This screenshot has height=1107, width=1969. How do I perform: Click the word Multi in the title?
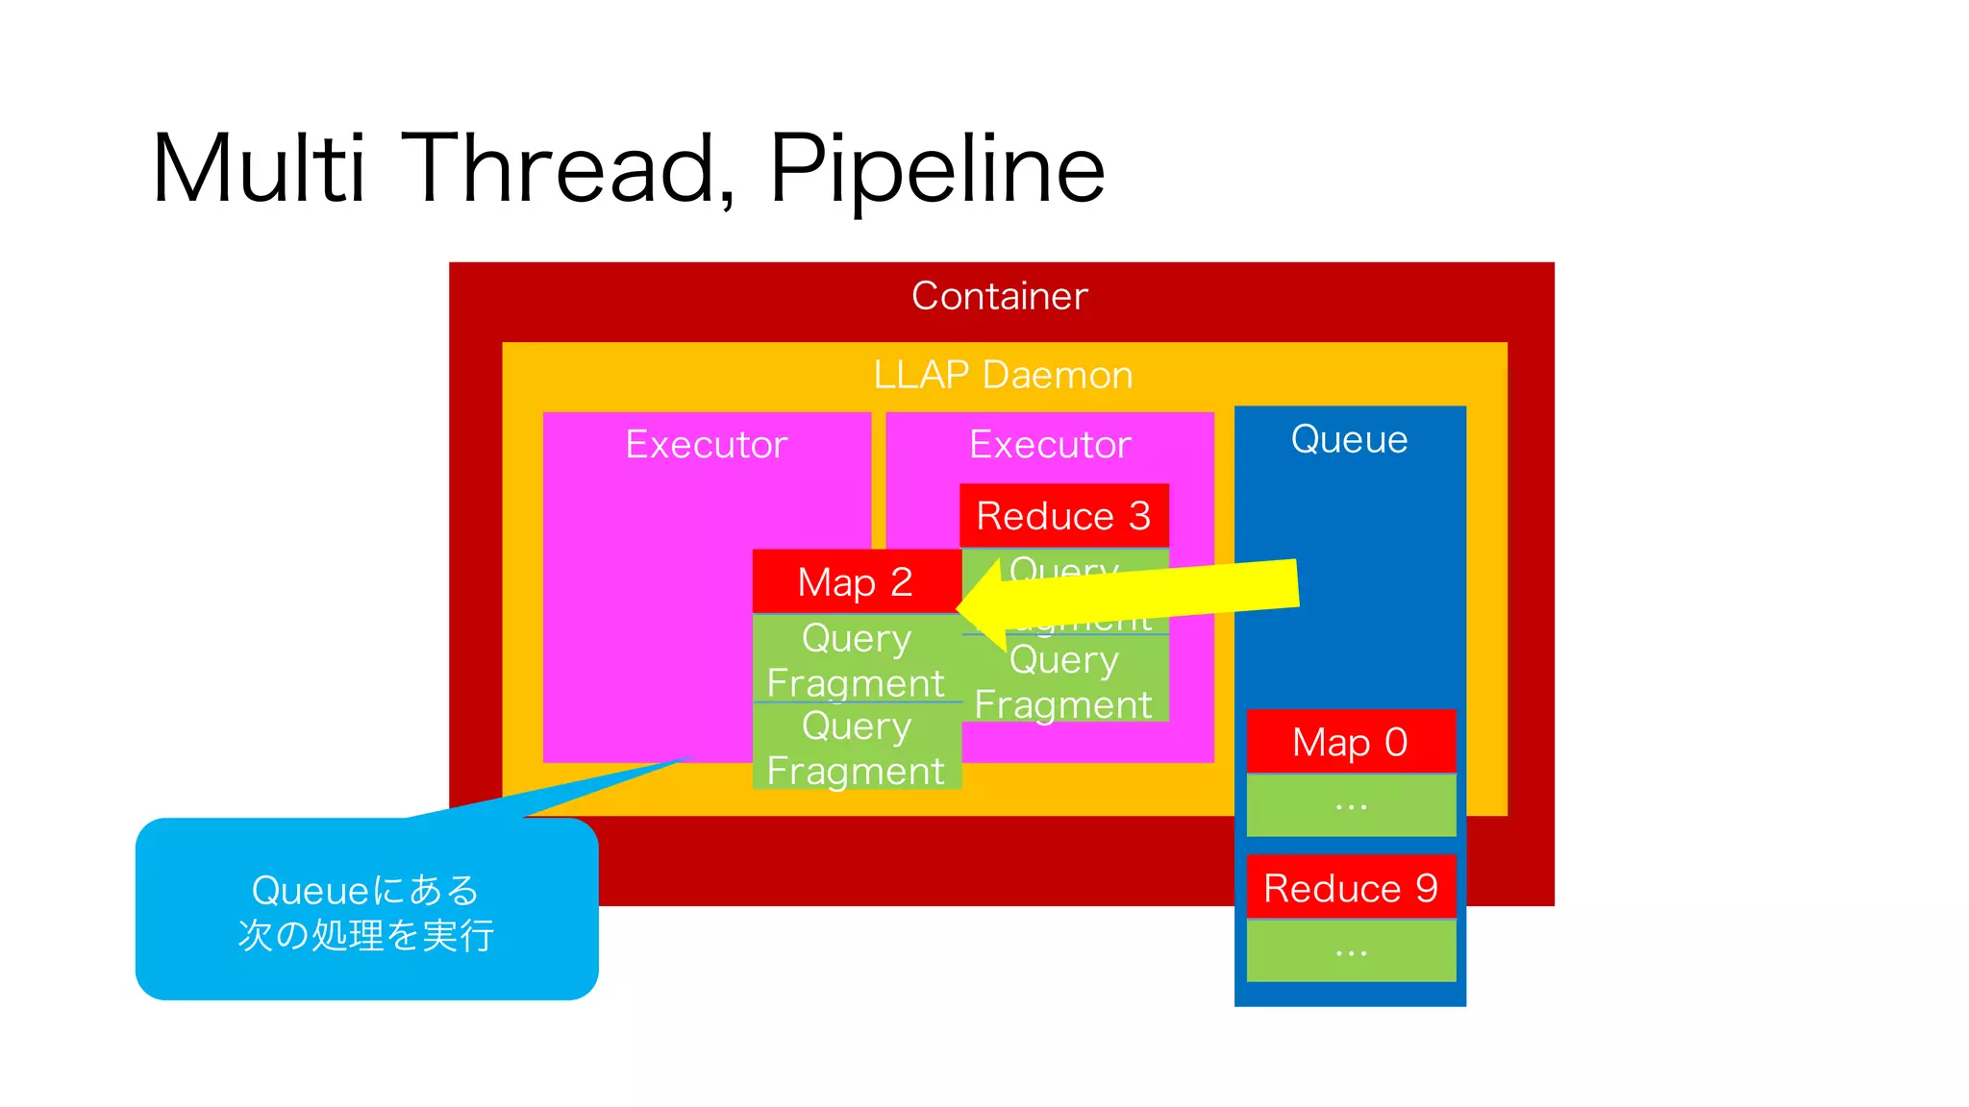[258, 169]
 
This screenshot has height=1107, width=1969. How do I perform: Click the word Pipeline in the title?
[936, 169]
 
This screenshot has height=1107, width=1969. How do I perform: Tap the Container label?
[999, 296]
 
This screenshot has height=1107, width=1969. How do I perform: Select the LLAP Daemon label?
[1002, 375]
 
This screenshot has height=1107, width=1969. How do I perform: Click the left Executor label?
[706, 444]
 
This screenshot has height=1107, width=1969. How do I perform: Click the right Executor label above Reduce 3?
[1049, 444]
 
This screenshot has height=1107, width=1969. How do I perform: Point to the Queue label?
[1349, 439]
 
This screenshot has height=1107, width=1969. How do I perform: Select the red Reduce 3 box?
[1063, 516]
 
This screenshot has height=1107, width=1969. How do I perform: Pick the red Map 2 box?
[856, 581]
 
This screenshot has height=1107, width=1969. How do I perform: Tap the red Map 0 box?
[1350, 742]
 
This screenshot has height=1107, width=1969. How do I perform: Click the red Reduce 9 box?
[1350, 888]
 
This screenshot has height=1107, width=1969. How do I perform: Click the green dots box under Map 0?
[1350, 805]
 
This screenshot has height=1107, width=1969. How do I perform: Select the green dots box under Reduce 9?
[1350, 951]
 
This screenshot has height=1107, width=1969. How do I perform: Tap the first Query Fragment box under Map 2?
[856, 660]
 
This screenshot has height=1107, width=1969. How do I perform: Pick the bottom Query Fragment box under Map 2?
[856, 748]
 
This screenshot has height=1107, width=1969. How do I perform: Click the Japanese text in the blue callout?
[365, 912]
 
